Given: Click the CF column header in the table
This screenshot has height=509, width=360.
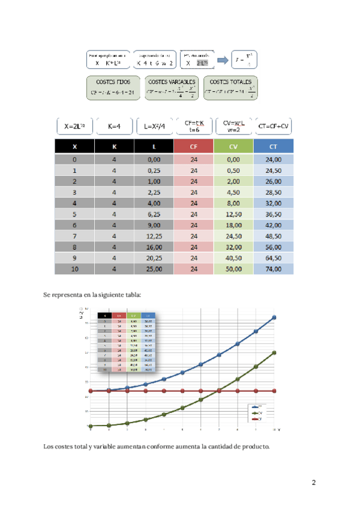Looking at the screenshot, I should coord(193,146).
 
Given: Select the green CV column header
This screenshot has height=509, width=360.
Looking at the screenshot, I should coord(233,146).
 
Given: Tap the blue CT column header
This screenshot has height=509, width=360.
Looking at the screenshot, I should coord(274,146).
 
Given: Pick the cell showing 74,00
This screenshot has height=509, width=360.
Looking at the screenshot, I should coord(274,269).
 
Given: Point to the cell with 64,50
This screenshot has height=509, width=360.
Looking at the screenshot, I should coord(274,258).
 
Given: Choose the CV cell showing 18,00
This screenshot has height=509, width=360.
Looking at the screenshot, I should coord(233,225).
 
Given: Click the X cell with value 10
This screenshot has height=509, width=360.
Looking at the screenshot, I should coord(74,269).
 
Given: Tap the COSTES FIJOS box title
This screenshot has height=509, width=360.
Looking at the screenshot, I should coord(113,81).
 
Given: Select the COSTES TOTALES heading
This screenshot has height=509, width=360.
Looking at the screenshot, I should coord(231,81).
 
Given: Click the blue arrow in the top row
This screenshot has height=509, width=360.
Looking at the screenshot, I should coord(222,59).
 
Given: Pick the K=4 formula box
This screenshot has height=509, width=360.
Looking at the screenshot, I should coord(114,127).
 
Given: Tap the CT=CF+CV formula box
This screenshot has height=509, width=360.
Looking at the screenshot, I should coord(274,126).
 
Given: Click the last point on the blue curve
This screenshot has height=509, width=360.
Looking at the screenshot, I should coord(274,318).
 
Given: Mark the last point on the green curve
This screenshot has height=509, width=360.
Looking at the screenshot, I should coord(274,353).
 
